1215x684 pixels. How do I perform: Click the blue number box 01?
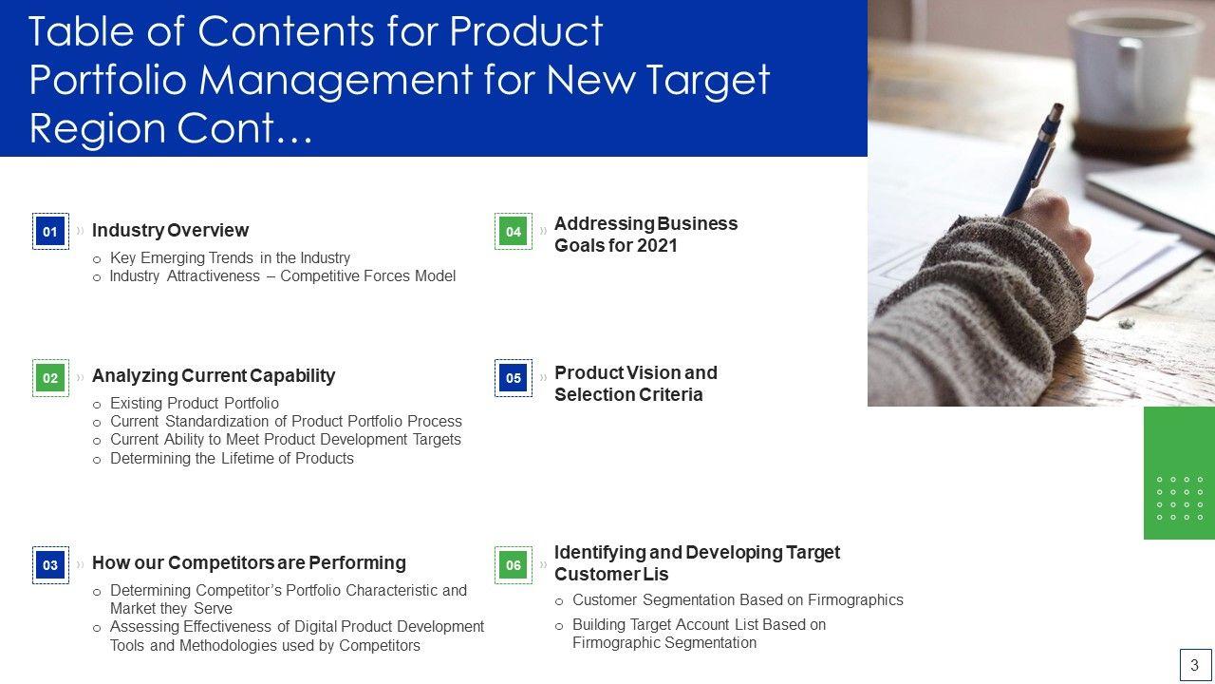[50, 231]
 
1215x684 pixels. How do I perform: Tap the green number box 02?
[50, 378]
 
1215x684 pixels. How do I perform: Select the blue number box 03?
[50, 565]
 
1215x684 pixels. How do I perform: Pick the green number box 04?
[514, 231]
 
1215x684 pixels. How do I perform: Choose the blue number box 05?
[514, 378]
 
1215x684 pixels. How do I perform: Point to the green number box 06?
[514, 565]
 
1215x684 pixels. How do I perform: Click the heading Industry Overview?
[170, 230]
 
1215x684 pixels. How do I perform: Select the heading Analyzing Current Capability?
[214, 375]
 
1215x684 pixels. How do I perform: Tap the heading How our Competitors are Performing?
[249, 563]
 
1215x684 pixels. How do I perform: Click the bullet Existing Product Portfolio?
[195, 404]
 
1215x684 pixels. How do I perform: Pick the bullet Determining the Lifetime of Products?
[232, 459]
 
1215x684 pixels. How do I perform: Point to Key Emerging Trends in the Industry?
[230, 257]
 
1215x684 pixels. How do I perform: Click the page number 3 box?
[1195, 664]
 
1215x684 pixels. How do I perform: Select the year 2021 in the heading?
[657, 246]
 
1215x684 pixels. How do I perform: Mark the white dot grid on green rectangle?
[1180, 499]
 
